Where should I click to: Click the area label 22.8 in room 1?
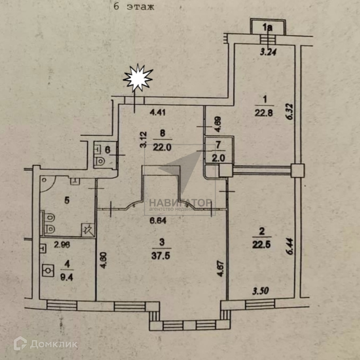[264, 113]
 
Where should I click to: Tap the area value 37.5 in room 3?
[161, 256]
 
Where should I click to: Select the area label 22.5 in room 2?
[261, 244]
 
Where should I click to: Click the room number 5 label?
[67, 200]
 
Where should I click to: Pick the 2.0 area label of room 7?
[219, 158]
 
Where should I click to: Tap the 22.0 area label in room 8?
[162, 147]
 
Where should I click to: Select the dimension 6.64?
[158, 220]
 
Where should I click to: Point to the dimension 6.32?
[290, 112]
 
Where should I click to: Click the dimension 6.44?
[290, 246]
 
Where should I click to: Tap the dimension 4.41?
[157, 113]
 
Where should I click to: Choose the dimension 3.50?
[260, 291]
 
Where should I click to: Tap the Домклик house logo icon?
[20, 343]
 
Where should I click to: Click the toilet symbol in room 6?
[100, 161]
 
